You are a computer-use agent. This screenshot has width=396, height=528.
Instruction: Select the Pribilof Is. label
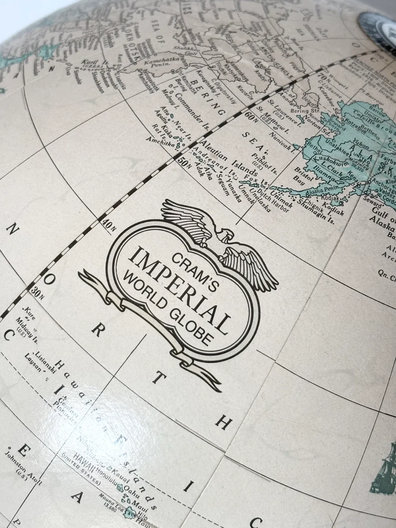[265, 163]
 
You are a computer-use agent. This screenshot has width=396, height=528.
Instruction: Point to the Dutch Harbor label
[273, 199]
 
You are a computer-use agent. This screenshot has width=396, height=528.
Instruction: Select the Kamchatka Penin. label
[157, 63]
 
